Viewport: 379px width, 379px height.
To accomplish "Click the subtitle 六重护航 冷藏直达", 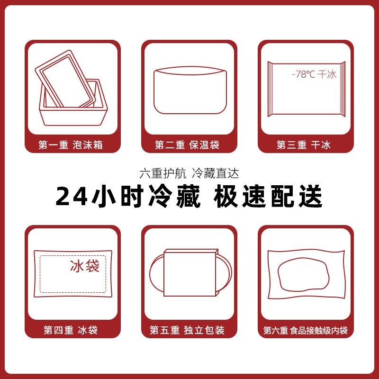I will click(x=189, y=174).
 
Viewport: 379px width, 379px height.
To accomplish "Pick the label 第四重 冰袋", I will click(x=72, y=330).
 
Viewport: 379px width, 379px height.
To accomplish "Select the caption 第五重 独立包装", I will click(x=189, y=330).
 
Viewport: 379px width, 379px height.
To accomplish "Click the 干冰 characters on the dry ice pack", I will click(x=327, y=74).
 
